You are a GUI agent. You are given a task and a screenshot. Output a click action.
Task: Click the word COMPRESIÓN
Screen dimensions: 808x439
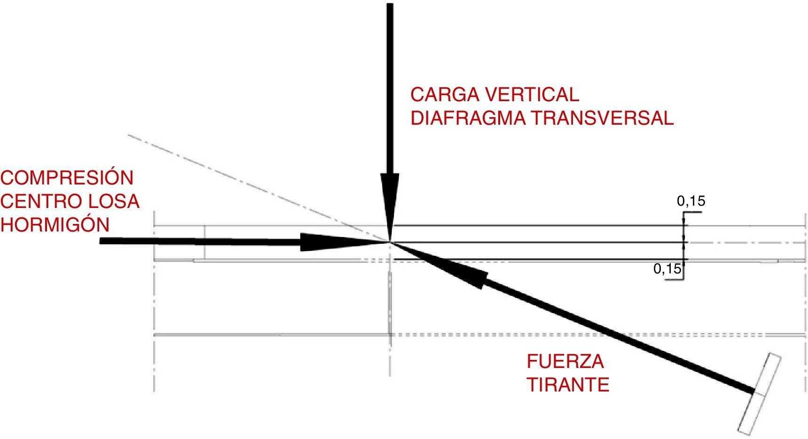(67, 178)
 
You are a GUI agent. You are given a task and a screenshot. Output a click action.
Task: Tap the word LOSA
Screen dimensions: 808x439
(114, 201)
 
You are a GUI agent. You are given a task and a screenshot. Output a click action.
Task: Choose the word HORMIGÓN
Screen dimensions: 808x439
(55, 224)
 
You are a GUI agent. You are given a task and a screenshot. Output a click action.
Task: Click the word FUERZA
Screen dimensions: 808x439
(565, 361)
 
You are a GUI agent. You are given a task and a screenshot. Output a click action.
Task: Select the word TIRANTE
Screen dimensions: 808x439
(568, 385)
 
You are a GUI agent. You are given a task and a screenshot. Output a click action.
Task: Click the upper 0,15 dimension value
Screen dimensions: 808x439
(691, 201)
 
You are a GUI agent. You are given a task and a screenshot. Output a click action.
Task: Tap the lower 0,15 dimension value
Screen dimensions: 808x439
(667, 269)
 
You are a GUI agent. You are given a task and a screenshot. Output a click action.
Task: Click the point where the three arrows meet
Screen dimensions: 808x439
(390, 242)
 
